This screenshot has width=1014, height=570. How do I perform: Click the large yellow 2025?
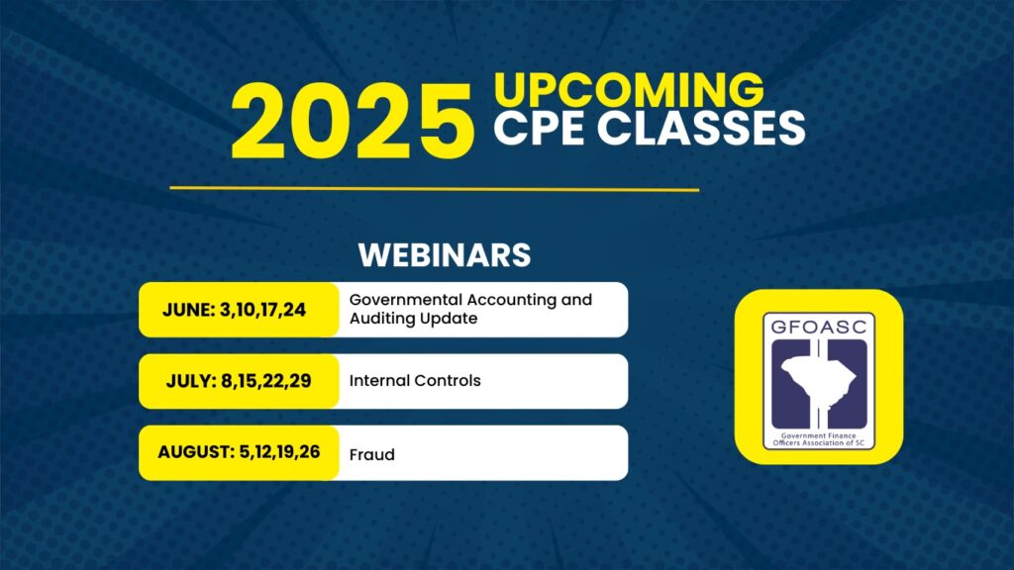point(353,121)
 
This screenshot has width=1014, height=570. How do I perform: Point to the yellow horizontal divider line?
point(435,189)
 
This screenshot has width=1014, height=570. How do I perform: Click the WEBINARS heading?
point(445,254)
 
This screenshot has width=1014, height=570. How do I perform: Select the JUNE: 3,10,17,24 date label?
point(234,310)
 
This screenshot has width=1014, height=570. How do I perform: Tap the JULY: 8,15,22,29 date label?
point(239,381)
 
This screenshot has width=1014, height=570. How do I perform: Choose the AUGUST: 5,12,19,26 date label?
point(239,452)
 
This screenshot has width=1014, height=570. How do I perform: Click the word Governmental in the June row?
point(405,300)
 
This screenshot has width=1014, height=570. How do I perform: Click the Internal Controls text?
point(415,381)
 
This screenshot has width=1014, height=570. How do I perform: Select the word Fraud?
point(372,455)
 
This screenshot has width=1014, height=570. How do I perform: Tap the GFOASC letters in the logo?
point(819,327)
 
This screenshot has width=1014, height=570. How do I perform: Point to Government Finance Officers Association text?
point(819,439)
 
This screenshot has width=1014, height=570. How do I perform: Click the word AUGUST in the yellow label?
point(195,452)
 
